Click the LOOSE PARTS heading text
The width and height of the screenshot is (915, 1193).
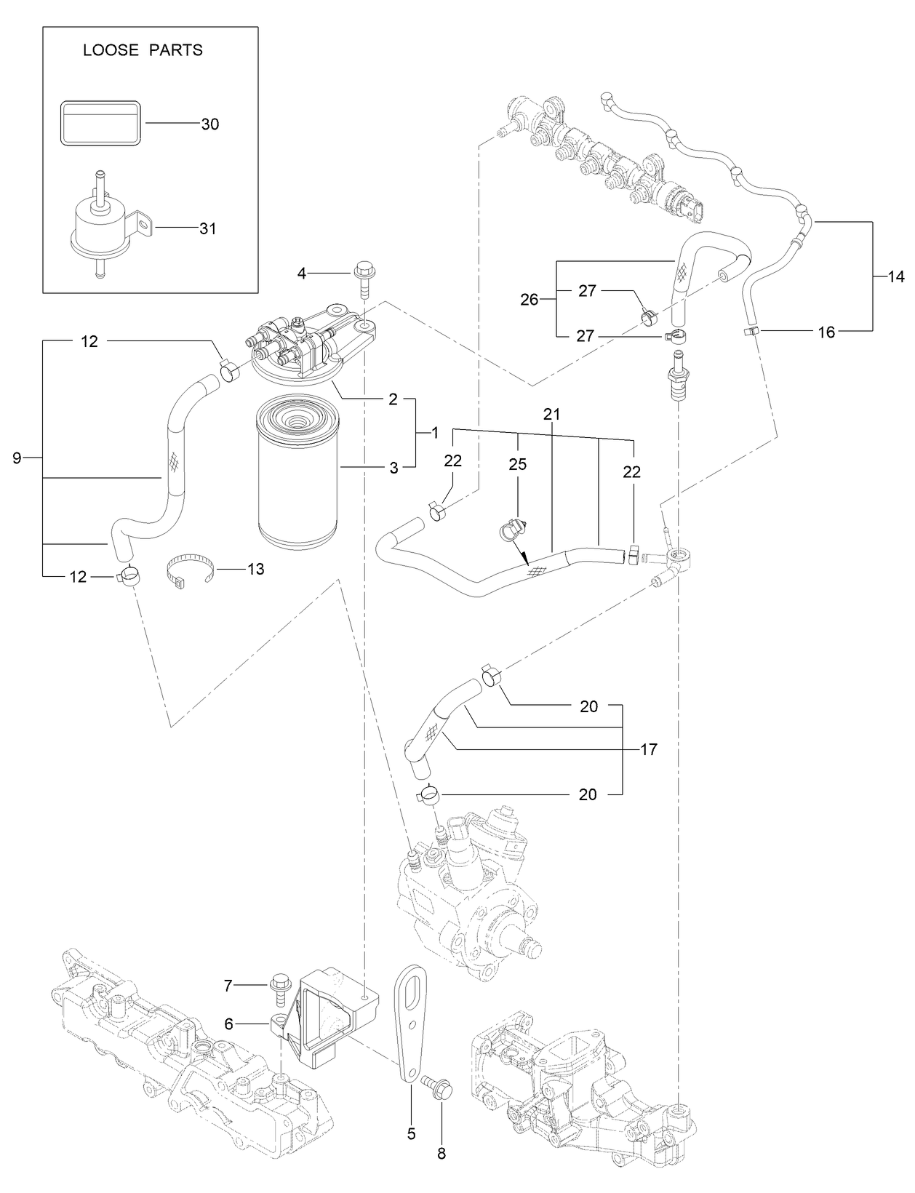click(143, 50)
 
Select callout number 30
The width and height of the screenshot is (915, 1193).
click(209, 124)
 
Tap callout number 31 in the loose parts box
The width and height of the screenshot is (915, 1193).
click(208, 228)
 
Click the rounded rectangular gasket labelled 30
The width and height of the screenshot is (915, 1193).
click(100, 124)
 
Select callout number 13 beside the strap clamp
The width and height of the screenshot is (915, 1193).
click(255, 569)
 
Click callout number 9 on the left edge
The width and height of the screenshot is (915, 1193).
click(17, 458)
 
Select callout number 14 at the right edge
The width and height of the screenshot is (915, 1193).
click(896, 276)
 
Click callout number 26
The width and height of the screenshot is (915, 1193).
click(529, 299)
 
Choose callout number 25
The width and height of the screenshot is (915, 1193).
click(517, 464)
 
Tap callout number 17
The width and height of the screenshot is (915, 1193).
click(649, 749)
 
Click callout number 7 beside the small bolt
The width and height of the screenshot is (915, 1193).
click(228, 986)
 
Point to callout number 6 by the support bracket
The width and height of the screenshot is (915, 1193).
click(228, 1024)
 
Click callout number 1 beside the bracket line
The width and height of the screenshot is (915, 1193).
click(434, 433)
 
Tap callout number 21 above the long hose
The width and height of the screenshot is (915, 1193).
click(551, 415)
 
